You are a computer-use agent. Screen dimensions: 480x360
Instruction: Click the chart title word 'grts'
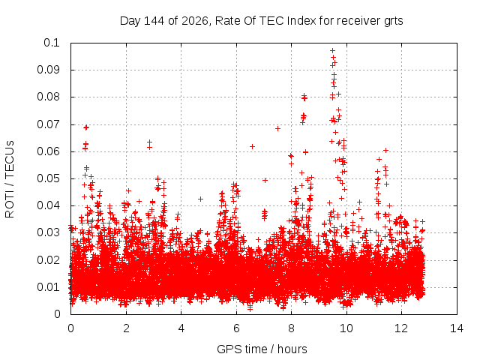pos(393,21)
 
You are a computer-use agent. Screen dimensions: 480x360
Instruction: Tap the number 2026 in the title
pos(195,21)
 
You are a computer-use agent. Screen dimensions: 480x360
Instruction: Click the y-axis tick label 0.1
pos(52,43)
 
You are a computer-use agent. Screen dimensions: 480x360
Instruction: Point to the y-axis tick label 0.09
pos(48,70)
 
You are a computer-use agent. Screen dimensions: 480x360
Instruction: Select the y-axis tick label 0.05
pos(48,178)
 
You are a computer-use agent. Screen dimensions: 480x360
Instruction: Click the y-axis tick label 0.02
pos(48,260)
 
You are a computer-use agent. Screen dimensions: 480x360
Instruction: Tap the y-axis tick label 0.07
pos(48,124)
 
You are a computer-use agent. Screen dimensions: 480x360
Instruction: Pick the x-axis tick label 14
pos(457,328)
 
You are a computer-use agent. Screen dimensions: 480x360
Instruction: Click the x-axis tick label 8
pos(291,328)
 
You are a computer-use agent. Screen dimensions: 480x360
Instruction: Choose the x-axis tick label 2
pos(126,328)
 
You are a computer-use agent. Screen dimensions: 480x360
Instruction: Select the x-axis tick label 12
pos(401,328)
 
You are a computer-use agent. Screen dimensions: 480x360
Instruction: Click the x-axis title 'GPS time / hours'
pos(262,349)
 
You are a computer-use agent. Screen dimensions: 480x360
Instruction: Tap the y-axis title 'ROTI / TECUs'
pos(10,179)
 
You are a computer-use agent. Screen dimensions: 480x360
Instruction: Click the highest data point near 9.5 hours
pos(332,50)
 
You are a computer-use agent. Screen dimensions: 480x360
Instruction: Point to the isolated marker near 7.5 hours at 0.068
pos(277,128)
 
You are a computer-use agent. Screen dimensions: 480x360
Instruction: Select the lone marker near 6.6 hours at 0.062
pos(252,147)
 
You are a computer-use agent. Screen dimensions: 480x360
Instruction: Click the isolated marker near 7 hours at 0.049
pos(265,180)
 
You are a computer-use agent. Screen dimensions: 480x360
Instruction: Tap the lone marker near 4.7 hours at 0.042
pos(200,199)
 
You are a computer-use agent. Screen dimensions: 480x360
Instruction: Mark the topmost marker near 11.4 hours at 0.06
pos(385,150)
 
